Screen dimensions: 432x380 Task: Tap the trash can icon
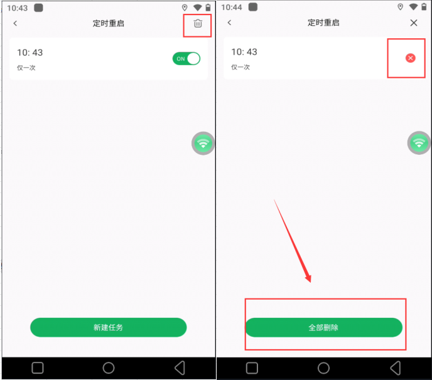point(198,23)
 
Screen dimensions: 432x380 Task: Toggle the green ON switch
point(186,58)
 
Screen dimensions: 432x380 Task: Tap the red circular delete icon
point(410,58)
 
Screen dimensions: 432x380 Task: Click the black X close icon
point(414,23)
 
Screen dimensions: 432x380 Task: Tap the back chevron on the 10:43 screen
point(15,23)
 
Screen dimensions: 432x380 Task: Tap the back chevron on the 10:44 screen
point(230,23)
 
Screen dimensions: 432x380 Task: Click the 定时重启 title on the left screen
point(108,23)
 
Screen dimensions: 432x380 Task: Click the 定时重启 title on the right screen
point(323,23)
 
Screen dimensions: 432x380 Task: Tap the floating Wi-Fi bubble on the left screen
point(203,144)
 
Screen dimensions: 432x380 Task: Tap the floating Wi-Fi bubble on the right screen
point(419,143)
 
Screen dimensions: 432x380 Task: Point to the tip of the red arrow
point(310,282)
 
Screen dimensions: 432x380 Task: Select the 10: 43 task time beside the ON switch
point(30,53)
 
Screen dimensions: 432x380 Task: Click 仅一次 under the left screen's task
point(26,68)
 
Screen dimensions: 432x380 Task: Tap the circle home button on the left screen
point(109,368)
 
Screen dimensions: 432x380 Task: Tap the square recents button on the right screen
point(252,368)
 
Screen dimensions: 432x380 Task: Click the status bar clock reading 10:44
point(232,8)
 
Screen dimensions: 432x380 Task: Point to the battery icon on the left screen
point(208,8)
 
